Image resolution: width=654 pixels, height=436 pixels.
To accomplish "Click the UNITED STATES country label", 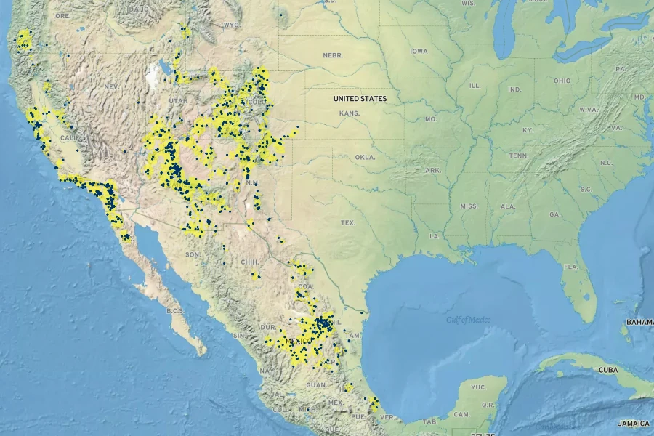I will tap(360, 98).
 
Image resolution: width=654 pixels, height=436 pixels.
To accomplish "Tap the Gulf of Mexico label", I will tap(468, 320).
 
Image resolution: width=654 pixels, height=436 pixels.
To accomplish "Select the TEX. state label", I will tap(348, 222).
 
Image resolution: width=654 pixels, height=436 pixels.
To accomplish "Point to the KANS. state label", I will tap(349, 113).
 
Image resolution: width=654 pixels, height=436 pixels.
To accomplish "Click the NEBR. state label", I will tap(333, 55).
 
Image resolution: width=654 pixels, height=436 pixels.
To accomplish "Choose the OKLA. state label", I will tap(364, 157).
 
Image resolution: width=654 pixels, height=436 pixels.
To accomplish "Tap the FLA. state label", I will tap(570, 267).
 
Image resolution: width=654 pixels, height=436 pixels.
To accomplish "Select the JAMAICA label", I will tap(633, 422).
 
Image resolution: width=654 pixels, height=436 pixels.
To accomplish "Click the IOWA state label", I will tap(419, 52).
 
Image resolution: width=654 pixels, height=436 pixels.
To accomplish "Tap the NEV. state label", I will tap(111, 86).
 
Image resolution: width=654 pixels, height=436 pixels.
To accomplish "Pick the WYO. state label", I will tap(231, 25).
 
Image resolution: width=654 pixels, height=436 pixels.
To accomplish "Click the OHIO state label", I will tap(562, 81).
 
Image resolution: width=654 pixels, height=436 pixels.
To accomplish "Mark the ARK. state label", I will tap(433, 170).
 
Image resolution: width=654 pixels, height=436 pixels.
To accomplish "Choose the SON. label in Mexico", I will tap(193, 254).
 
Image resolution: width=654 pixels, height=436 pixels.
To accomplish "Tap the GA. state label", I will tap(555, 214).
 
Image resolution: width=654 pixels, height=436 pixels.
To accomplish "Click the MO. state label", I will tap(430, 118).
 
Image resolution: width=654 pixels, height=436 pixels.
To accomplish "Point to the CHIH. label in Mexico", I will tap(249, 262).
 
